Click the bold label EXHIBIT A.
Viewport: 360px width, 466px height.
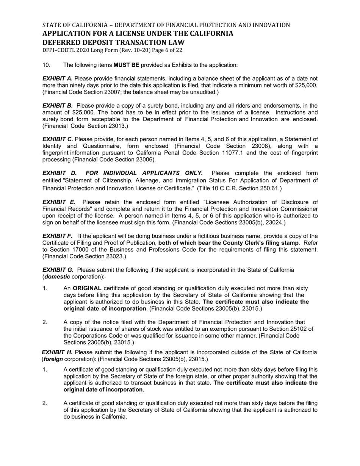pos(57,78)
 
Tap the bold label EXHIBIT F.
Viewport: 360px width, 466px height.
pos(57,236)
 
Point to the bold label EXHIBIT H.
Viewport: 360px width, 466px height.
pos(57,352)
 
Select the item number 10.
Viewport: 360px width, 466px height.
pos(46,65)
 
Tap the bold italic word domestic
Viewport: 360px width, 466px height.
pos(57,277)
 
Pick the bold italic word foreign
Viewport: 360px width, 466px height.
pos(53,359)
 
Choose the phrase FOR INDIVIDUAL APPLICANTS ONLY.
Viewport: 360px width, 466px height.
pos(144,173)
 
